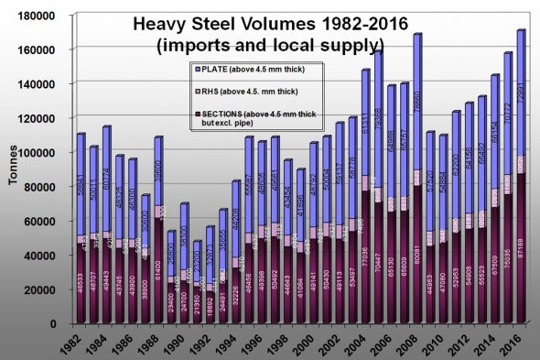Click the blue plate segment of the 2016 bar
click(523, 92)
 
